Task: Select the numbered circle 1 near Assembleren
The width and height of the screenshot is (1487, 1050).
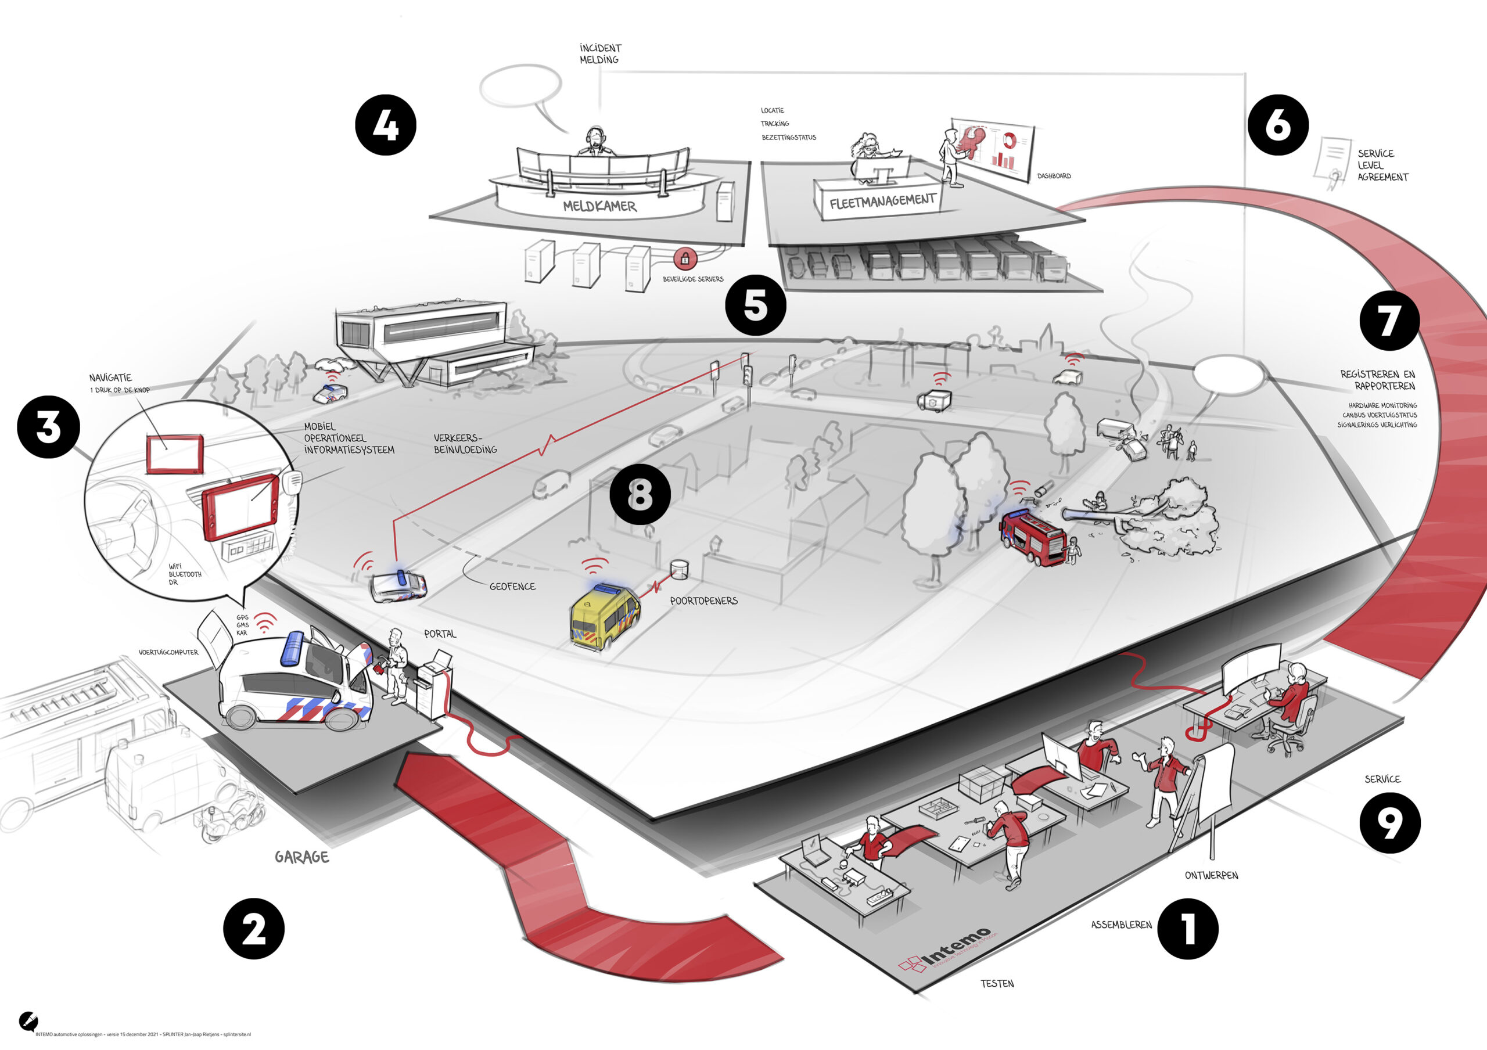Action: point(1188,928)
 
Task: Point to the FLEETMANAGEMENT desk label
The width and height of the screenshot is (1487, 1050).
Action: point(882,202)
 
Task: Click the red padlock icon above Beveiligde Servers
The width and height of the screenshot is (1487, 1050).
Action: point(685,259)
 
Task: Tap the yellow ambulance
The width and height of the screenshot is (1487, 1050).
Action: point(604,616)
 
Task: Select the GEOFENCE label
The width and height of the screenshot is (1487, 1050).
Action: point(512,587)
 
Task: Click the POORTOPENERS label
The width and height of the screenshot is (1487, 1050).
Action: point(703,600)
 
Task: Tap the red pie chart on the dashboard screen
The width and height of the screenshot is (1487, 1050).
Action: point(1008,139)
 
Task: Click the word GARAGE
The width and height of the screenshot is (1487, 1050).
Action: point(302,857)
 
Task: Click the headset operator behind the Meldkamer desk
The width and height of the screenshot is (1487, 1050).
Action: point(595,142)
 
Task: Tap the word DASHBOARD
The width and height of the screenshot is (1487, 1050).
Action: point(1054,176)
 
